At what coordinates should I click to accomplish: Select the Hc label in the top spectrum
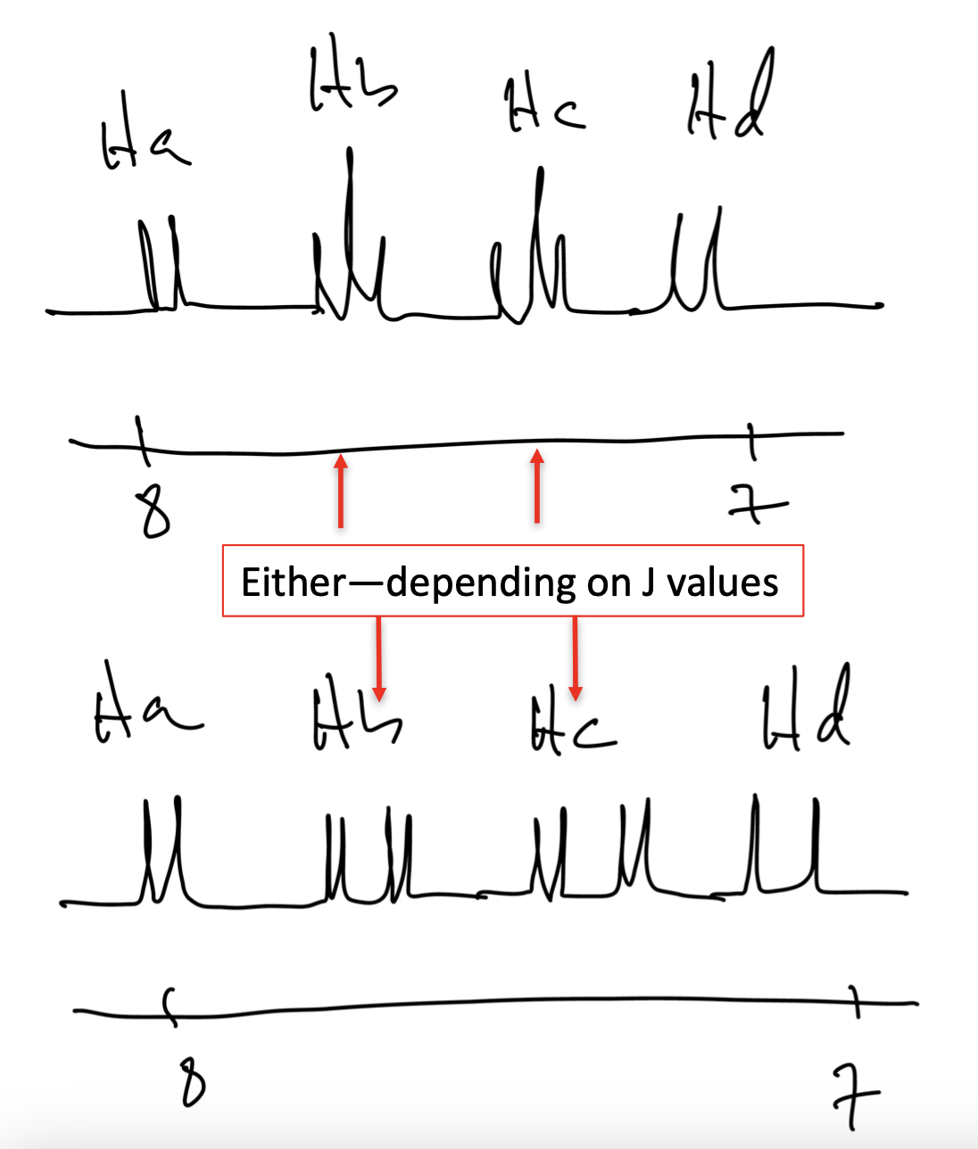point(543,108)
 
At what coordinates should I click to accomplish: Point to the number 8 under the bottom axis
point(191,1081)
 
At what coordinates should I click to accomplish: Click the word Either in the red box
point(293,583)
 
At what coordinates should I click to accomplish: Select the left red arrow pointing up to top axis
point(341,491)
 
